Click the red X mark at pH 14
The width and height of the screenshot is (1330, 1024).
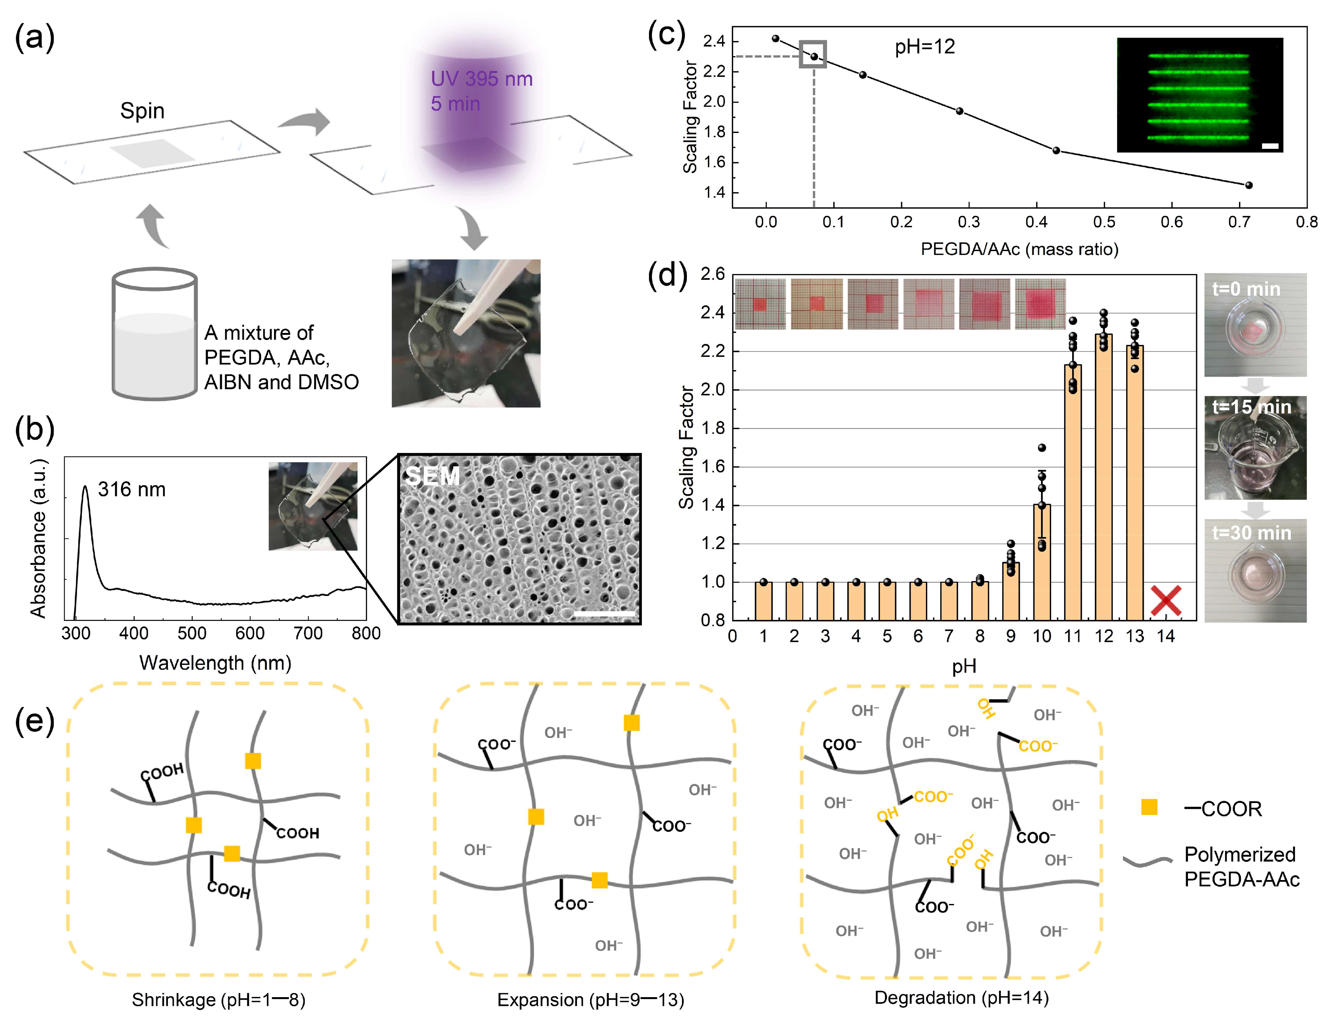(x=1166, y=600)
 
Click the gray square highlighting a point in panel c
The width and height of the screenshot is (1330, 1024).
(x=813, y=54)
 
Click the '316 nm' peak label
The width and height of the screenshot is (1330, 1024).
(x=132, y=489)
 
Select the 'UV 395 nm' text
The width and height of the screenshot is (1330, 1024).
(x=481, y=79)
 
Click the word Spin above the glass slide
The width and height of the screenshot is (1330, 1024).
(x=142, y=111)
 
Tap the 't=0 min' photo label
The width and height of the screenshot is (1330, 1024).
(x=1246, y=289)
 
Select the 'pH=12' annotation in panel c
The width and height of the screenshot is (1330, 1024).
(x=924, y=47)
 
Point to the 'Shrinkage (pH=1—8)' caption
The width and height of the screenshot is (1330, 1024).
(x=218, y=1000)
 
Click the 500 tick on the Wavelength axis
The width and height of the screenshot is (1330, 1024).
(x=192, y=633)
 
